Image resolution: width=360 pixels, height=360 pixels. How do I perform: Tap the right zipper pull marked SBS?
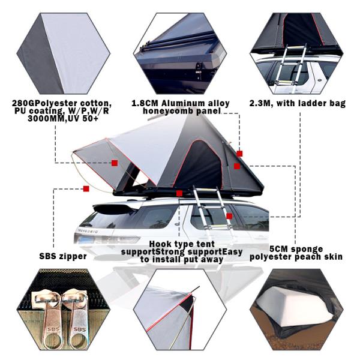77,318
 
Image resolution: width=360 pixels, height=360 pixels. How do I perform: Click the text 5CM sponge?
296,248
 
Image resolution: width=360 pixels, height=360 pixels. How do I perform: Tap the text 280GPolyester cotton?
61,103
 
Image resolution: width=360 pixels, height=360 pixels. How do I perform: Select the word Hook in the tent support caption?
160,244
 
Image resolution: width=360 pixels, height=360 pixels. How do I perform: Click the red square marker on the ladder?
229,216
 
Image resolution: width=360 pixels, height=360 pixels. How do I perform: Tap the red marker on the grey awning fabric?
114,163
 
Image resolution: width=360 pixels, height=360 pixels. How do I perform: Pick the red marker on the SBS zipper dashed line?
86,188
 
